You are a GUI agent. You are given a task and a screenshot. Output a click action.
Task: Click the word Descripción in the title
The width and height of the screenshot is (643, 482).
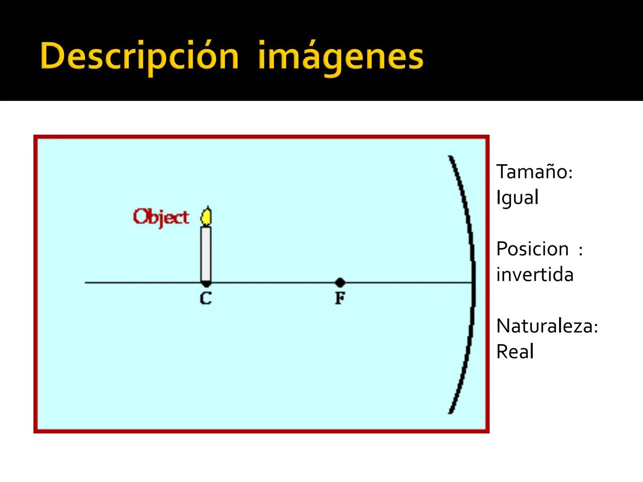click(139, 57)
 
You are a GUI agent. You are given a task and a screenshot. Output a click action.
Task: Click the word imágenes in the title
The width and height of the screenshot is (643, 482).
click(340, 57)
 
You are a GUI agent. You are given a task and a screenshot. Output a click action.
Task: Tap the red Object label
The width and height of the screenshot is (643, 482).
click(161, 217)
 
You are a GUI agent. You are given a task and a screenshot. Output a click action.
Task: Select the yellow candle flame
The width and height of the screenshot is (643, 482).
click(206, 216)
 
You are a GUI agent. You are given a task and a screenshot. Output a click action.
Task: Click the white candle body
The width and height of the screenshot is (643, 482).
click(206, 253)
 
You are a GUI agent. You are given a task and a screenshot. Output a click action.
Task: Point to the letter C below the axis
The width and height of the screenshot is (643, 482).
click(206, 298)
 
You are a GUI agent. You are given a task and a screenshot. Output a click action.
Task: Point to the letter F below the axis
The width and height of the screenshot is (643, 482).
click(340, 298)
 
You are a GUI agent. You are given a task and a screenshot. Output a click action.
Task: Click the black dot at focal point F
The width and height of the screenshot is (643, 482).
click(340, 283)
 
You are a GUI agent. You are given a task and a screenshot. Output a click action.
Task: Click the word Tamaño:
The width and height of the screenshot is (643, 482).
click(534, 172)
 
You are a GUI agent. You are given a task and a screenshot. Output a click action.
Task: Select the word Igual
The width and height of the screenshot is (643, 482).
click(518, 197)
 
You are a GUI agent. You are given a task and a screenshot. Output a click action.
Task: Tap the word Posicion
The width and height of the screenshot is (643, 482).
click(532, 249)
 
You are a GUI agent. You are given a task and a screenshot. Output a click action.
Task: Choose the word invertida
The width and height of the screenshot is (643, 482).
click(534, 274)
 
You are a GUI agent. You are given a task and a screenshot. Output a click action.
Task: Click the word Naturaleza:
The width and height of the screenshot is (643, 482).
click(547, 326)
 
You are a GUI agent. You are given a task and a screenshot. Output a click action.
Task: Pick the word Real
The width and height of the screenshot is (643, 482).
click(515, 352)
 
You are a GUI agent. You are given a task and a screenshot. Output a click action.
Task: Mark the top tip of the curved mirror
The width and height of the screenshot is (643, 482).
click(450, 157)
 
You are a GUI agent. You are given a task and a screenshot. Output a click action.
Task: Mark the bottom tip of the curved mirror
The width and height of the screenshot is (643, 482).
click(450, 412)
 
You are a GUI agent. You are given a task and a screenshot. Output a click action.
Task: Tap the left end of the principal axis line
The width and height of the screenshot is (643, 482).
click(86, 283)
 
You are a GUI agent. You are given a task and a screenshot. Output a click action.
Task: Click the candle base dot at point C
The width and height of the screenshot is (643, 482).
click(206, 283)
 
